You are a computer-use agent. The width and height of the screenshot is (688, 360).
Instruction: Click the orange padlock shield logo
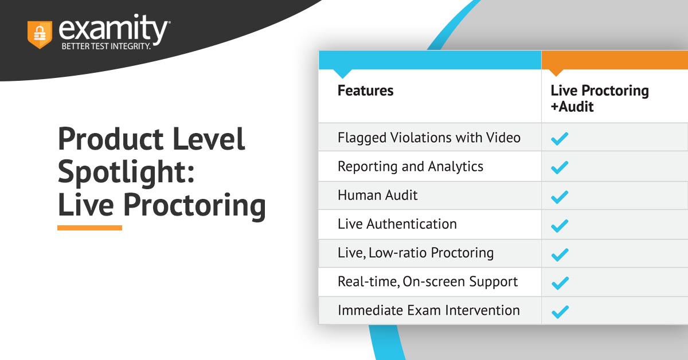click(40, 34)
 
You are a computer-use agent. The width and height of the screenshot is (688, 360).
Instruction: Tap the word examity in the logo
click(113, 29)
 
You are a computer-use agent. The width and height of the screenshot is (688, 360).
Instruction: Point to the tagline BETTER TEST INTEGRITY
click(106, 46)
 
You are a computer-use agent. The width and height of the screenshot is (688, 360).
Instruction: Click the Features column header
click(365, 91)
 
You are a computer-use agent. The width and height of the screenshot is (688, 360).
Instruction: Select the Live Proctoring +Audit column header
click(600, 98)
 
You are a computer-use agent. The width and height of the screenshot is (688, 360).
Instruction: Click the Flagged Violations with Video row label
click(429, 138)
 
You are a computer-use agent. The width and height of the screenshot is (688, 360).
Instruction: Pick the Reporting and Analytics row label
click(411, 166)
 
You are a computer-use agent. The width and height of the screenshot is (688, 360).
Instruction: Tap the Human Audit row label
click(377, 195)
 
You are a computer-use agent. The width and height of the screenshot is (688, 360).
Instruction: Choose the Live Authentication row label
click(397, 224)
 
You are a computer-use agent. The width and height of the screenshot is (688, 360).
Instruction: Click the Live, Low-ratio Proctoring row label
click(416, 253)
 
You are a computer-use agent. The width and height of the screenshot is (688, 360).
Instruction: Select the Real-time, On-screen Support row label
click(428, 281)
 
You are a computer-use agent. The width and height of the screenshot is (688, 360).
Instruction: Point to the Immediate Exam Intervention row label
click(429, 310)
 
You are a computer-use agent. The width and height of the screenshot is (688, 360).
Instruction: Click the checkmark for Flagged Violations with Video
click(560, 139)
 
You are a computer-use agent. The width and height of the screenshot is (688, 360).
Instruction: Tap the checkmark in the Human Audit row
click(560, 197)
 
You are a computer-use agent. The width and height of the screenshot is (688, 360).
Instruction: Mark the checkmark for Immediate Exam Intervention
click(560, 311)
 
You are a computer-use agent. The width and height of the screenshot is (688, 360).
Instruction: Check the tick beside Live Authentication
click(560, 226)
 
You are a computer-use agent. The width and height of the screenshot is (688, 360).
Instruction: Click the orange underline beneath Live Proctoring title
click(89, 228)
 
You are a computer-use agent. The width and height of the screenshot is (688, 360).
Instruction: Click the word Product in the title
click(111, 139)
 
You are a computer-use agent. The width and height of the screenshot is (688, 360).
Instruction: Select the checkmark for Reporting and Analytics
click(560, 167)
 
